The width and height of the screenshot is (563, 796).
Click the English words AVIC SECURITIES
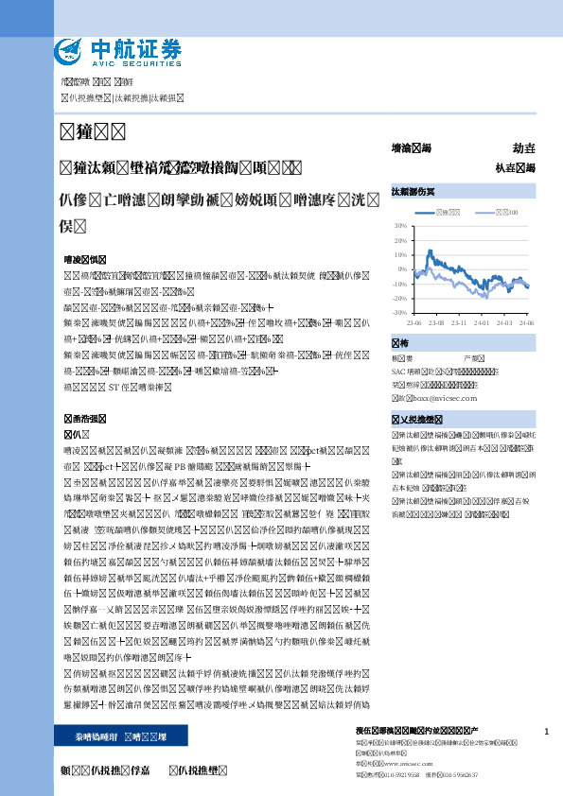[134, 61]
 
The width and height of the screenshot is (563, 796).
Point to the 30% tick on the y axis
[401, 227]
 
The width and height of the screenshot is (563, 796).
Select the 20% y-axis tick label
[401, 241]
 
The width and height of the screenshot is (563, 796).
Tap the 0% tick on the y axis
[403, 269]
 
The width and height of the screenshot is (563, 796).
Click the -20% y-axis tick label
[400, 298]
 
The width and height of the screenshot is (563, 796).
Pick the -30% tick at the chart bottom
[400, 312]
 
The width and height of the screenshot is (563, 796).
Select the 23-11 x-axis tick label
[459, 323]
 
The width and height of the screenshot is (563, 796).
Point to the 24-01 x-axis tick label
[482, 323]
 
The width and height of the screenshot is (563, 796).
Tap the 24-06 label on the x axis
[526, 323]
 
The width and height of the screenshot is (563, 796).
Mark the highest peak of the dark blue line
[431, 251]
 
